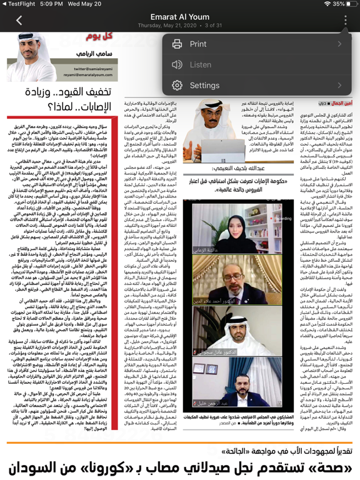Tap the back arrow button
[x=19, y=20]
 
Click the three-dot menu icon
[x=344, y=20]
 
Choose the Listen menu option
[x=201, y=64]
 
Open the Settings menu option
[x=204, y=85]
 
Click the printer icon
[x=177, y=44]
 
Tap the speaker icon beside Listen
[x=177, y=64]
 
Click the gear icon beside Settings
[x=177, y=85]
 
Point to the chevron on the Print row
[x=340, y=44]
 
